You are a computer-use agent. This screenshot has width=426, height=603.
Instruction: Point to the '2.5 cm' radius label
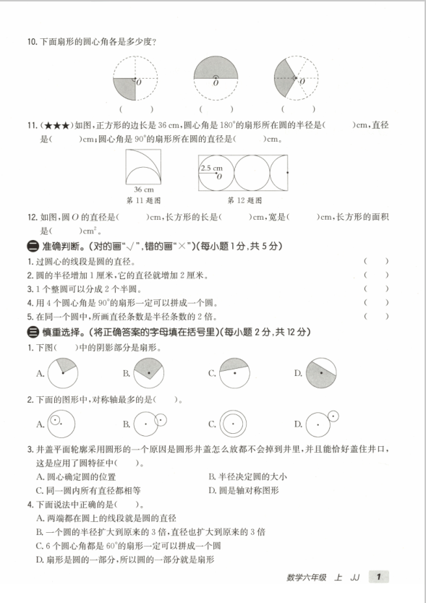(211, 168)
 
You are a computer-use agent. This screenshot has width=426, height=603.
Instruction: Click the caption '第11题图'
(144, 200)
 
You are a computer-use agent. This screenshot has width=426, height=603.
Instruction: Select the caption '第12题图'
(244, 200)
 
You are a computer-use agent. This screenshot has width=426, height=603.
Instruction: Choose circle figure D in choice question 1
(320, 374)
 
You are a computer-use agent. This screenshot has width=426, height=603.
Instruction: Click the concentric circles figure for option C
(234, 424)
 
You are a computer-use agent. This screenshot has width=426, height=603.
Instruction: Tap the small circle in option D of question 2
(333, 415)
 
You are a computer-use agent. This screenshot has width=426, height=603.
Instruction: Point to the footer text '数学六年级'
(307, 577)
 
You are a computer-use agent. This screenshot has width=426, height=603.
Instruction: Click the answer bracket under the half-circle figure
(215, 110)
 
